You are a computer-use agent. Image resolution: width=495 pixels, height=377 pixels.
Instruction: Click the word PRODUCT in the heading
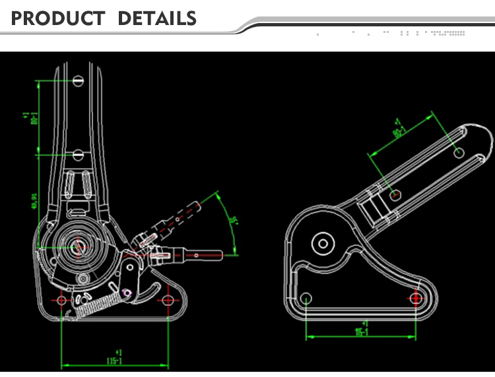(57, 18)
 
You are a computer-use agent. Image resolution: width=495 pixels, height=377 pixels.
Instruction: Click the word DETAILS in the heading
(157, 18)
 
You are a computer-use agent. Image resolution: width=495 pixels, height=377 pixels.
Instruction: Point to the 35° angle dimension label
(232, 221)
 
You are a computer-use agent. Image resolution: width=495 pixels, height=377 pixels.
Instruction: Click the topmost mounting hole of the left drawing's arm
(78, 80)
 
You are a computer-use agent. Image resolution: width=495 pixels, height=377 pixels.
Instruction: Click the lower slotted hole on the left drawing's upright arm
(78, 155)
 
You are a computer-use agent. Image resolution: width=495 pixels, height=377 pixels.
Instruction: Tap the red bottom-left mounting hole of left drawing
(61, 300)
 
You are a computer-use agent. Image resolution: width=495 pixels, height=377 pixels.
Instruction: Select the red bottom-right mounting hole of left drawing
(168, 300)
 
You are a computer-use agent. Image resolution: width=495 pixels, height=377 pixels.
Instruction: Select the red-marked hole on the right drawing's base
(416, 298)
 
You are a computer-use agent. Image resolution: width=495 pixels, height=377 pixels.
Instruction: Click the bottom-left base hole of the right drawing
(306, 298)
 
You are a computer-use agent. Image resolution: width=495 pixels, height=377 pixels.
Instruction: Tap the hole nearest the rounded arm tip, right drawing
(460, 152)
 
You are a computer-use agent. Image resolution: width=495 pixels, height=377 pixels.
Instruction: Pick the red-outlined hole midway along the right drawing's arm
(395, 194)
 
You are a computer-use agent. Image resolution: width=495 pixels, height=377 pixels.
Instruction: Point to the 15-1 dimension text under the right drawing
(362, 332)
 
